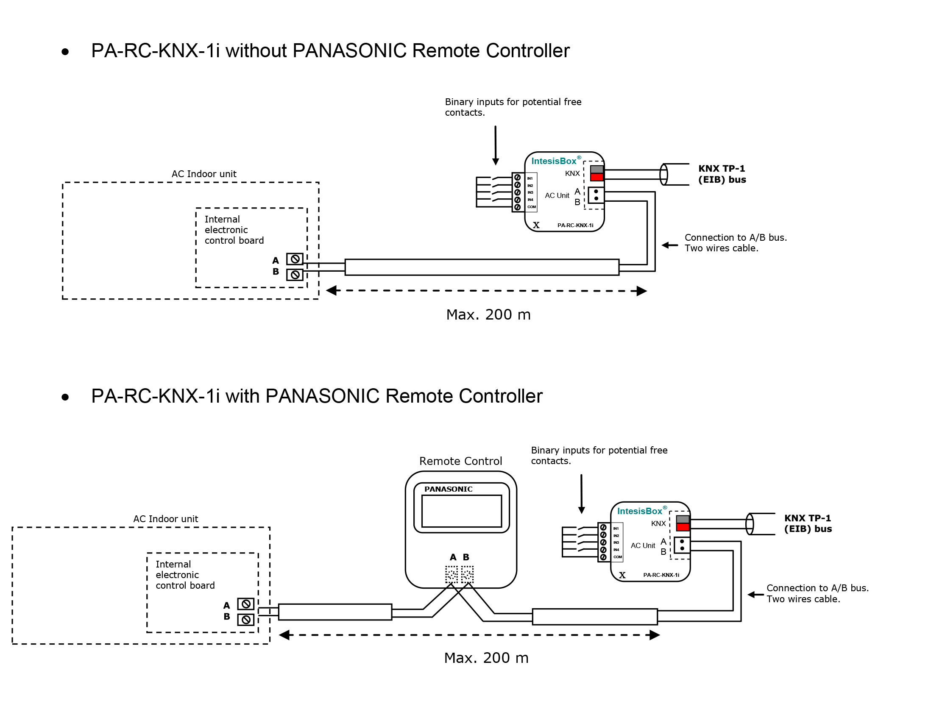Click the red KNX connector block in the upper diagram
[x=597, y=177]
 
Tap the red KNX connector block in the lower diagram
[x=683, y=527]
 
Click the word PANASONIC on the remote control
[x=448, y=489]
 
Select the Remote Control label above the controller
[x=460, y=461]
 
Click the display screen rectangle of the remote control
[x=462, y=511]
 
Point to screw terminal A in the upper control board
[x=295, y=259]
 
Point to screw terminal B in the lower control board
[x=246, y=620]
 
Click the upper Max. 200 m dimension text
[x=488, y=315]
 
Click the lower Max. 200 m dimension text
[x=486, y=658]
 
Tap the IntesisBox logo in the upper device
[x=554, y=161]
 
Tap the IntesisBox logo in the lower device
[x=640, y=511]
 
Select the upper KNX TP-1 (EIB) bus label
[x=722, y=174]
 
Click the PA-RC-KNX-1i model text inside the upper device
[x=575, y=225]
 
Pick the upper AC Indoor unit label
[x=204, y=174]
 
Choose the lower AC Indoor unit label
[x=165, y=519]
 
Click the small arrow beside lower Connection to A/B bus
[x=755, y=595]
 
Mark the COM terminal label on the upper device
[x=532, y=207]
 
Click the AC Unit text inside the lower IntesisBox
[x=643, y=545]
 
